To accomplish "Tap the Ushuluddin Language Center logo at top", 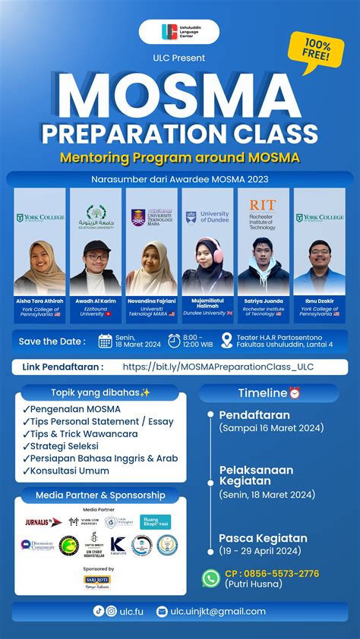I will (179, 32).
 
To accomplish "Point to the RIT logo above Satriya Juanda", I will (263, 206).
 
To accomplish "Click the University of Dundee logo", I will (207, 219).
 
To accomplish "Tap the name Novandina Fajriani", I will (151, 301).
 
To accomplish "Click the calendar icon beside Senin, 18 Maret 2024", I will (105, 341).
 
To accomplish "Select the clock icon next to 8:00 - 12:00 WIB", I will (175, 341).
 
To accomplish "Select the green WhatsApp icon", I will (210, 578).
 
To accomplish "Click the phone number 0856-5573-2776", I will (271, 574).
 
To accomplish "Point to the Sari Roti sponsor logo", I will (97, 581).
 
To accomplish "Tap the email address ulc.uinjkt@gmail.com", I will (217, 611).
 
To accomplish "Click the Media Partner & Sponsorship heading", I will (100, 495).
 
